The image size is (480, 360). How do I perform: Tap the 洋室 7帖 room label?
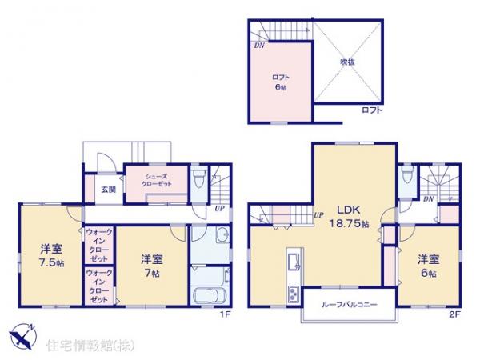pyautogui.click(x=154, y=265)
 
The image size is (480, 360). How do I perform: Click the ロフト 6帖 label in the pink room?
pyautogui.click(x=280, y=82)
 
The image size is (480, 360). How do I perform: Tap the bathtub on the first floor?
pyautogui.click(x=210, y=293)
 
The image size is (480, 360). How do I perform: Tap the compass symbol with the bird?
pyautogui.click(x=22, y=334)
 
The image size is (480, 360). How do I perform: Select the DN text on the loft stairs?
pyautogui.click(x=259, y=46)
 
